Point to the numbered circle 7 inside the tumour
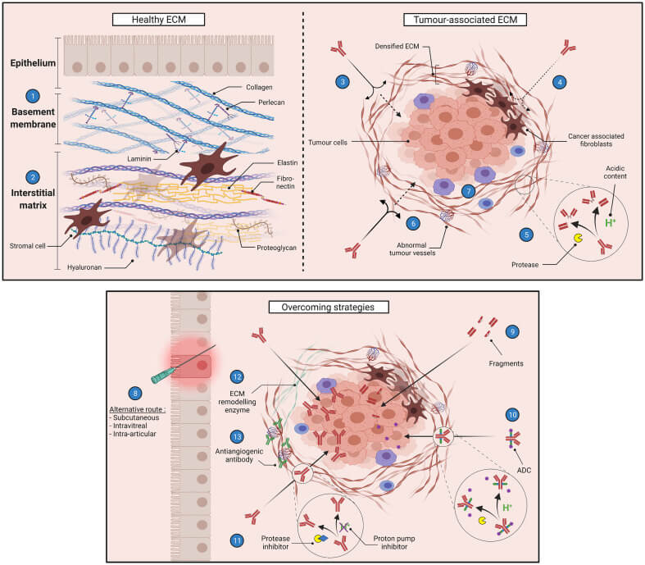466,191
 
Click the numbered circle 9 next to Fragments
512,331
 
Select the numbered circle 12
236,376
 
